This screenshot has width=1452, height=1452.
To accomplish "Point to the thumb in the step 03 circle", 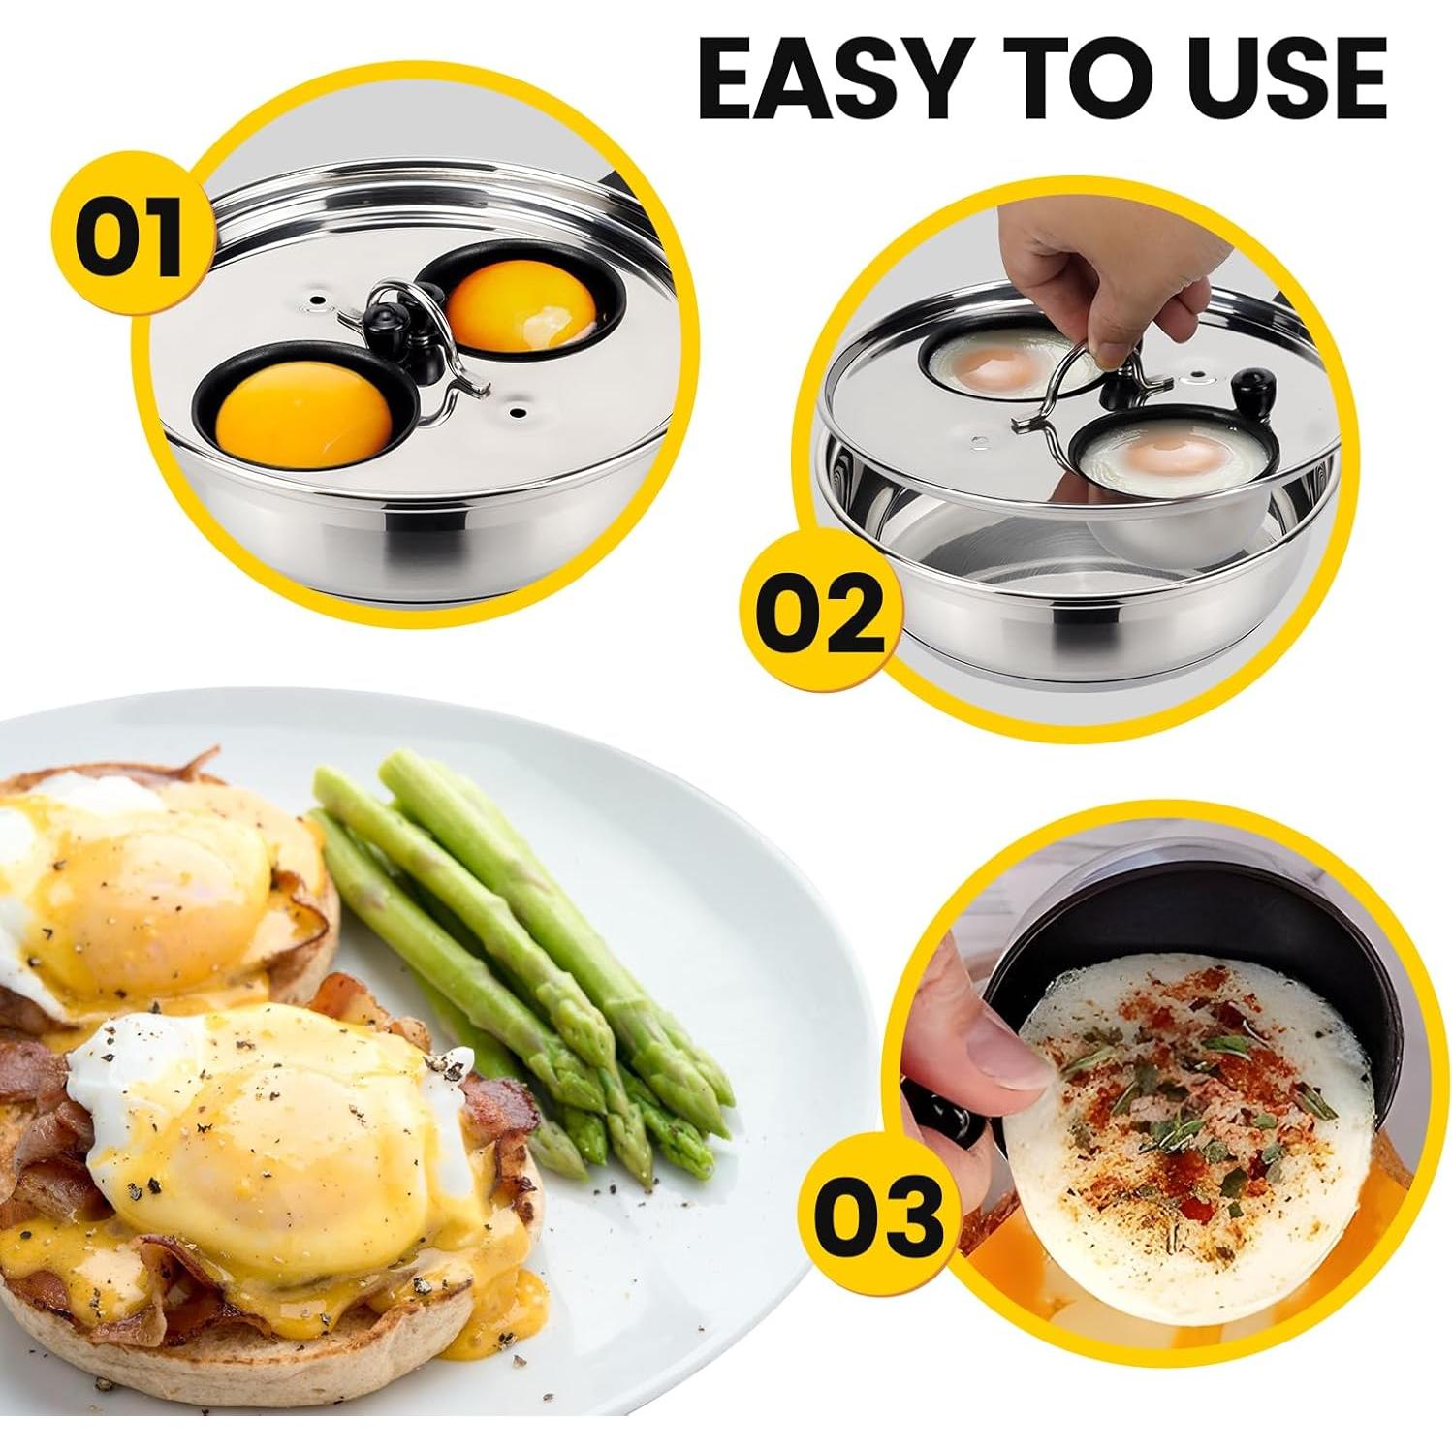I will click(x=979, y=1047).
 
